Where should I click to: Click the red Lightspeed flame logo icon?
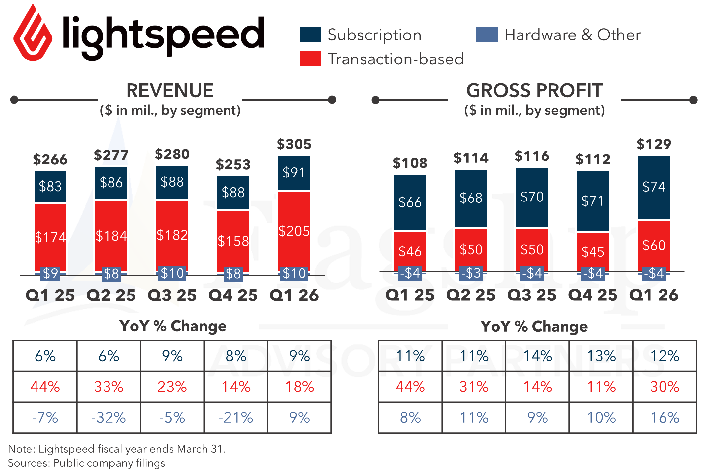coord(33,33)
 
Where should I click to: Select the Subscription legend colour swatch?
coord(310,34)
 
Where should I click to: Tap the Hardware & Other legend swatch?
coord(487,34)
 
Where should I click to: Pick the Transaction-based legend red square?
coord(310,58)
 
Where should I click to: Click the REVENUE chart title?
coord(170,91)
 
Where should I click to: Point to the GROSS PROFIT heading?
coord(534,91)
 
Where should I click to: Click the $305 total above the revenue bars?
coord(294,144)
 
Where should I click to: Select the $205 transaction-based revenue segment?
coord(294,231)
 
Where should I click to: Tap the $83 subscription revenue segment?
coord(50,187)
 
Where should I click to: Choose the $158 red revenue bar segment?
coord(233,241)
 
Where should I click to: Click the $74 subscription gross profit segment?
coord(654,187)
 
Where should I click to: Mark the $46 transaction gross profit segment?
coord(410,251)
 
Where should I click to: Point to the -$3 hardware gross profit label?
coord(471,273)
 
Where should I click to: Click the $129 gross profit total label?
coord(654,144)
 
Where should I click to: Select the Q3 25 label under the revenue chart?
coord(172,295)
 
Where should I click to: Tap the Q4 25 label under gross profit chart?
coord(593,295)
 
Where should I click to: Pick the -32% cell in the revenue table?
coord(109,418)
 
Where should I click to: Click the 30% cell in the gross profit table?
coord(665,387)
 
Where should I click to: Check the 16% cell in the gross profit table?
coord(665,418)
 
